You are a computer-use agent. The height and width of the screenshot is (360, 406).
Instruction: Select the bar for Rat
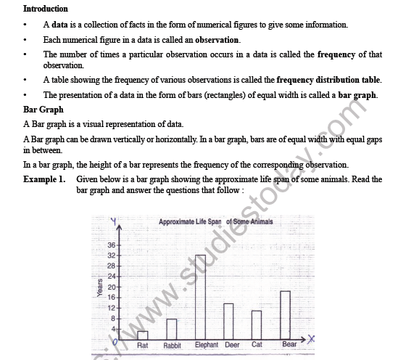(143, 335)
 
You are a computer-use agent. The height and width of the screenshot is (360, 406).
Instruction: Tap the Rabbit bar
(172, 329)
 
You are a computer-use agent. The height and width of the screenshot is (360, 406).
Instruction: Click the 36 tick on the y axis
(112, 245)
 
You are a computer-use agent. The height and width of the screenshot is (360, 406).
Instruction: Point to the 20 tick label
(112, 287)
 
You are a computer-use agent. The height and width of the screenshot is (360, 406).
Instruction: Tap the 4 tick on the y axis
(114, 329)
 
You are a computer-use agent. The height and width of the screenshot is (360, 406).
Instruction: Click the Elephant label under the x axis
(207, 345)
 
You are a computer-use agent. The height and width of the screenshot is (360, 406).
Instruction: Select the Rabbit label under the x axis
(173, 345)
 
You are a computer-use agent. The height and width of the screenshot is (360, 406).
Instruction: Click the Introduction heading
(46, 9)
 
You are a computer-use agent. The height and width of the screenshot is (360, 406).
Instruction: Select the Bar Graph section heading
(41, 109)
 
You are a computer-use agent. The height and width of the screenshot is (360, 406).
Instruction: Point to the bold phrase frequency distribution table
(328, 80)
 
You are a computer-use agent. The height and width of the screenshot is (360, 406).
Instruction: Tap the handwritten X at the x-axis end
(311, 339)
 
